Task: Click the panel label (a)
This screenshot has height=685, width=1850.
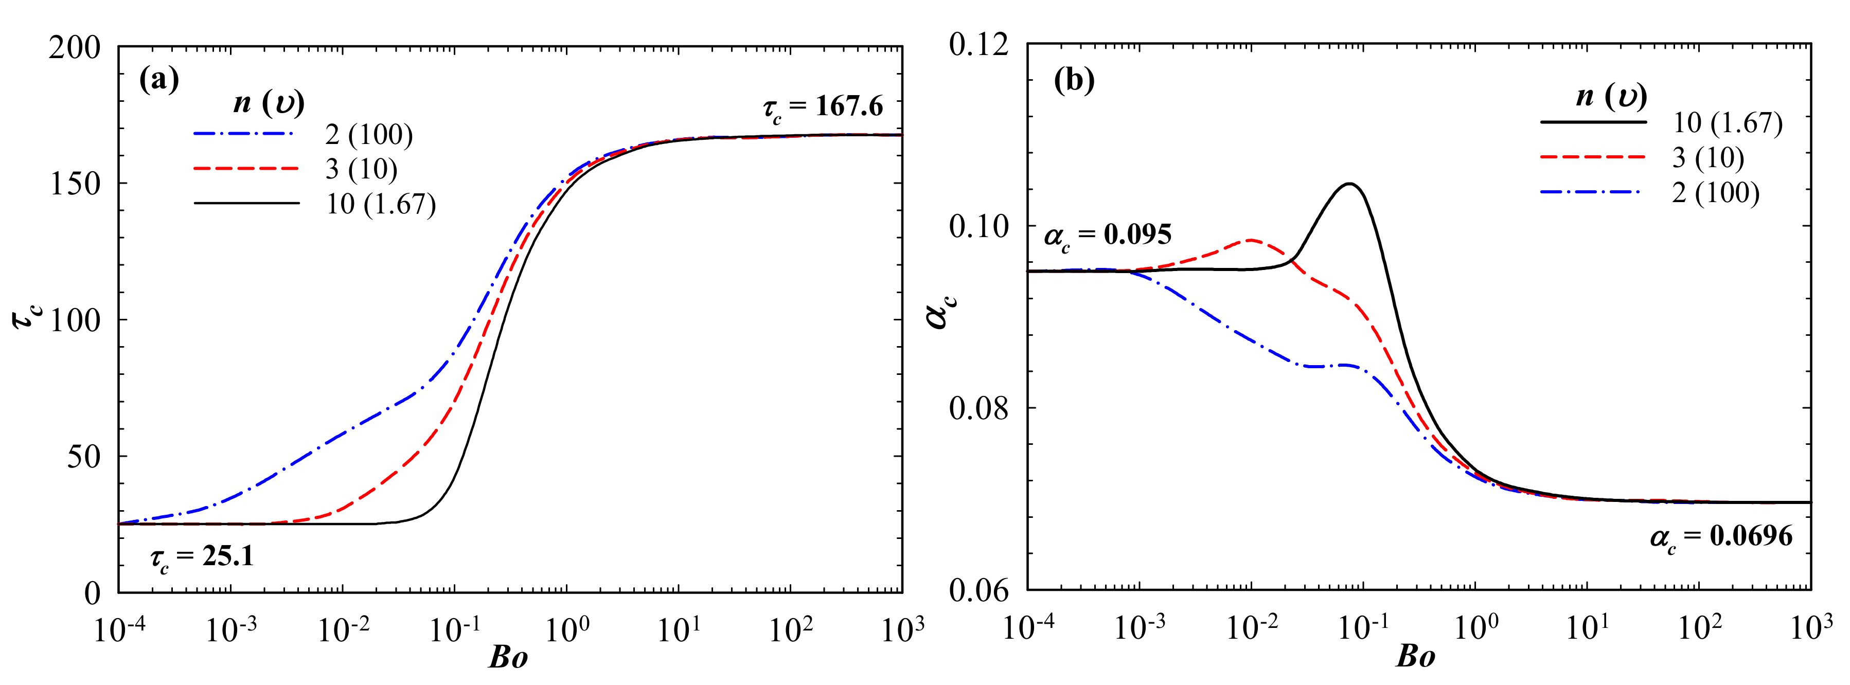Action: [x=159, y=80]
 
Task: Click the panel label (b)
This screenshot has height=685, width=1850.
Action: [x=1074, y=81]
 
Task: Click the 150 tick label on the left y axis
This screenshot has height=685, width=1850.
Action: [x=75, y=184]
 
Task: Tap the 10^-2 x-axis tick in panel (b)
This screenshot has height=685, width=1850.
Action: [x=1252, y=628]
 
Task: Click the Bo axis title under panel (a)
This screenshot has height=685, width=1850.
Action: [x=508, y=658]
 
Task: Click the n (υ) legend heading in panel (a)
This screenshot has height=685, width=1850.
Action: [x=269, y=103]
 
